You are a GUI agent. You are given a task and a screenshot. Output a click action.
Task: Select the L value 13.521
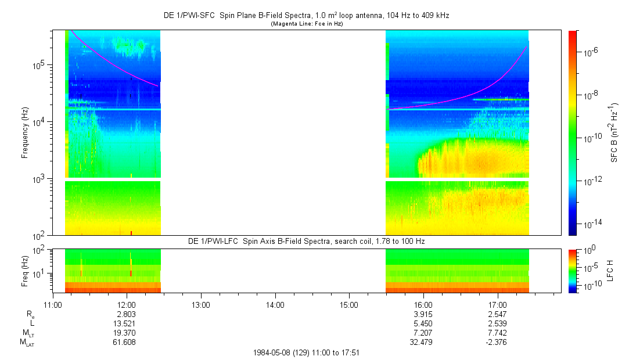click(x=127, y=323)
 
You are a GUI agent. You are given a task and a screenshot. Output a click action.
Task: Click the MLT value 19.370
click(x=127, y=332)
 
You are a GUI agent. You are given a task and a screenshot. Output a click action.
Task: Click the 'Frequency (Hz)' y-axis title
click(x=26, y=133)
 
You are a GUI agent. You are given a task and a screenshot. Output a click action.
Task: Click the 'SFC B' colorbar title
click(x=613, y=133)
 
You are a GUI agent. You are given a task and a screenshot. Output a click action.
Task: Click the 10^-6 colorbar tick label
click(x=584, y=52)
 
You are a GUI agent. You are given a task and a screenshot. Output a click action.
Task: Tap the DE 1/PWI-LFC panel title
click(x=307, y=240)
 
